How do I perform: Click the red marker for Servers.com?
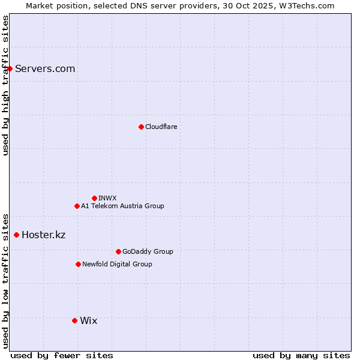pyautogui.click(x=10, y=68)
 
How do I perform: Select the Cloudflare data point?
pyautogui.click(x=141, y=127)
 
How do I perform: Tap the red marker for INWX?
pyautogui.click(x=94, y=198)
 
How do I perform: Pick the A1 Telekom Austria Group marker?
pyautogui.click(x=77, y=206)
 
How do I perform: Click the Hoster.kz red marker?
pyautogui.click(x=16, y=235)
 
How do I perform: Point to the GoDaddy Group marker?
pyautogui.click(x=118, y=251)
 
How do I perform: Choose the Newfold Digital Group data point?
pyautogui.click(x=78, y=264)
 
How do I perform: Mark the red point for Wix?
pyautogui.click(x=74, y=320)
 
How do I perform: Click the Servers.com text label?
pyautogui.click(x=45, y=68)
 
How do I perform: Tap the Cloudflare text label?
pyautogui.click(x=161, y=127)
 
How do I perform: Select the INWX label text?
pyautogui.click(x=107, y=198)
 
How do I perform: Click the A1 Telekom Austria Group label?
pyautogui.click(x=122, y=206)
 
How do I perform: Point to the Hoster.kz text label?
pyautogui.click(x=43, y=235)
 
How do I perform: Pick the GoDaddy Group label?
pyautogui.click(x=148, y=251)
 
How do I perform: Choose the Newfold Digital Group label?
pyautogui.click(x=117, y=264)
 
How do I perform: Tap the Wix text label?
pyautogui.click(x=88, y=320)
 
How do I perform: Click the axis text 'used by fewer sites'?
pyautogui.click(x=62, y=355)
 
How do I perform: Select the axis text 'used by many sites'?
pyautogui.click(x=301, y=355)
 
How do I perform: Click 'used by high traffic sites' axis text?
pyautogui.click(x=5, y=85)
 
